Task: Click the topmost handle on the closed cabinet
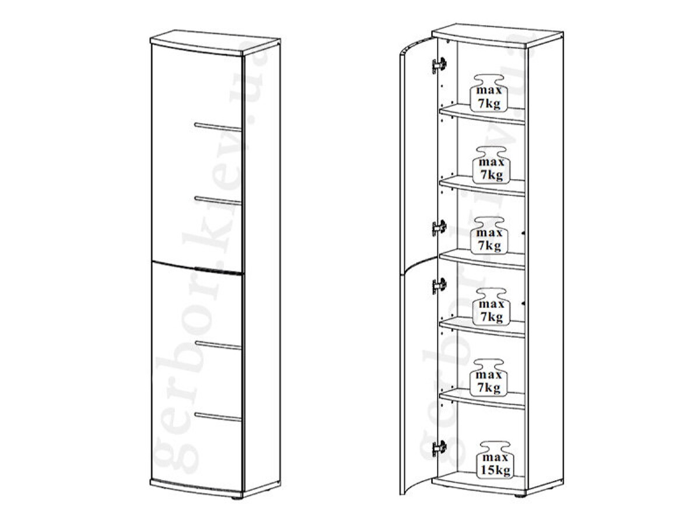coord(218,127)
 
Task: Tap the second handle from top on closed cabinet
coord(218,201)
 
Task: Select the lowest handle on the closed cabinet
coord(218,417)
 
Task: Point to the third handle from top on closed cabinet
coord(218,345)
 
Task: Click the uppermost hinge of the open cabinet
coord(439,65)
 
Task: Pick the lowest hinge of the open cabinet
coord(439,449)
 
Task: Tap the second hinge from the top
coord(439,228)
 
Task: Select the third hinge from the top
coord(439,286)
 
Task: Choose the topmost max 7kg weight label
coord(489,93)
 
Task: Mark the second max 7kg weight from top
coord(491,165)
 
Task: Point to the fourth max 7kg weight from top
coord(491,307)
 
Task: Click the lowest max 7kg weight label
coord(489,378)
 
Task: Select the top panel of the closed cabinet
coord(215,43)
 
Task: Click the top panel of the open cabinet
coord(498,36)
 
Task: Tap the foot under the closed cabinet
coord(237,498)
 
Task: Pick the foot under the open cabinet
coord(520,495)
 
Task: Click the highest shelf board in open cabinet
coord(482,114)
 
